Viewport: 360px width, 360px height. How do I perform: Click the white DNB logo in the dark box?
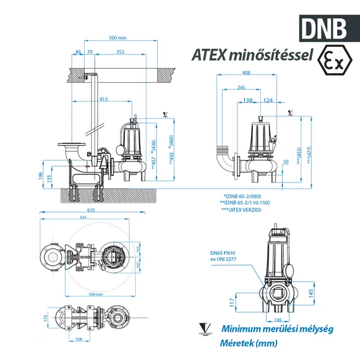(x=323, y=27)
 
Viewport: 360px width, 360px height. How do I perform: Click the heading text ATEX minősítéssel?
(x=253, y=56)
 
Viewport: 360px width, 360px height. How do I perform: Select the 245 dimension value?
(x=241, y=88)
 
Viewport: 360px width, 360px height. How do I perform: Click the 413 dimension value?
(x=103, y=99)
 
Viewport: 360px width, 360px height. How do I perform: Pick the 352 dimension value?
(x=120, y=52)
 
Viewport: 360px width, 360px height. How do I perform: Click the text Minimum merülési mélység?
(x=277, y=329)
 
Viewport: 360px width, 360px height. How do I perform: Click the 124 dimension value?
(x=268, y=100)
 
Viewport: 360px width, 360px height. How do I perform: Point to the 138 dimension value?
(x=248, y=100)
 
